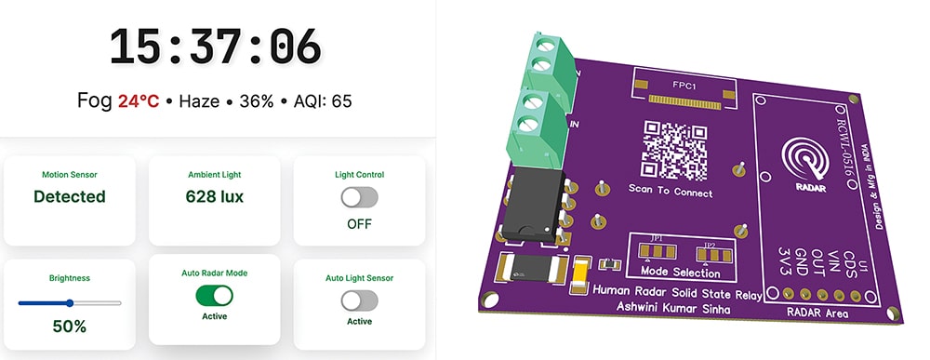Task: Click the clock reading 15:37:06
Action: (215, 47)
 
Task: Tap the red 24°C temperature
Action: (139, 100)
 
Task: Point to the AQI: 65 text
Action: (323, 100)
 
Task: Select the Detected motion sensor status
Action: (70, 196)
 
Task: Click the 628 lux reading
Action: (215, 196)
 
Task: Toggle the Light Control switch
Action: (359, 197)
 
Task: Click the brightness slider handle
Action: (70, 302)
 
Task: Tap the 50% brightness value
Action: (70, 327)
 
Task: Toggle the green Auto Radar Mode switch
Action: (215, 296)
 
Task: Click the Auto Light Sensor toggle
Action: (359, 300)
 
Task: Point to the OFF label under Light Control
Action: (359, 224)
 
